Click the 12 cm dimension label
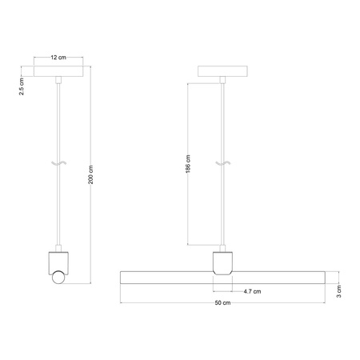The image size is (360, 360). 58,58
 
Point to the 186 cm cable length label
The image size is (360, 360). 187,164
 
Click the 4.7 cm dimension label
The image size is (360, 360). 252,291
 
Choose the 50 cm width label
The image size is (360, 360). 222,306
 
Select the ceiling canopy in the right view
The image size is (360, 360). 222,70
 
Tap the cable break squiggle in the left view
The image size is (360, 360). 58,164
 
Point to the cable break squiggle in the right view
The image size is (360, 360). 222,164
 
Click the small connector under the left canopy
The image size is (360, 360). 58,79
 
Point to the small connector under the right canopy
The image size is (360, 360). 222,79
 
